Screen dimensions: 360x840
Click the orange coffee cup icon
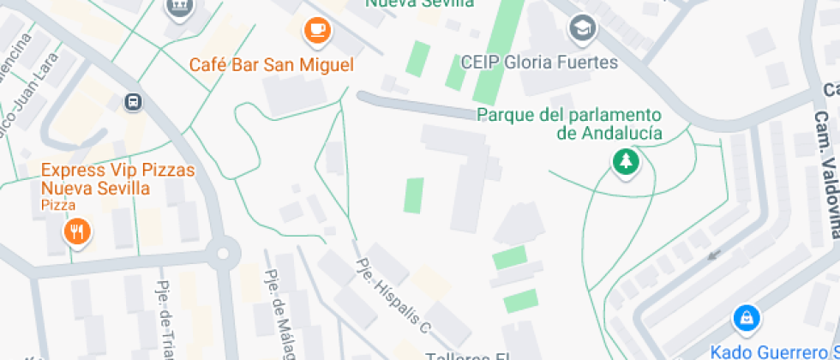coord(317,30)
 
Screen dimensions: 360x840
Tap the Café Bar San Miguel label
coord(271,64)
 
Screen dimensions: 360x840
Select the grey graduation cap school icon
coord(583,29)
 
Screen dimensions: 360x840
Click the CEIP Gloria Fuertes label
coord(539,63)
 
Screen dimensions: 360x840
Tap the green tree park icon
coord(626,161)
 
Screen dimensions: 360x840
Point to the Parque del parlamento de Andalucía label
coord(569,123)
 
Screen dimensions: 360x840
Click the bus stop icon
coord(133,102)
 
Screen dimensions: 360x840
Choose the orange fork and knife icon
coord(77,231)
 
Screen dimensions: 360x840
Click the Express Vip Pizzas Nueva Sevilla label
coord(117,178)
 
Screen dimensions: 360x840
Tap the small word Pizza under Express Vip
coord(58,206)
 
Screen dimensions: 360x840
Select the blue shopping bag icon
coord(747,319)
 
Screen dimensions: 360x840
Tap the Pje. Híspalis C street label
coord(393,295)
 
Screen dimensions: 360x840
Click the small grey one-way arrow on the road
coord(713,254)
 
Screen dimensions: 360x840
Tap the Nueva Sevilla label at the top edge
coord(420,3)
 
